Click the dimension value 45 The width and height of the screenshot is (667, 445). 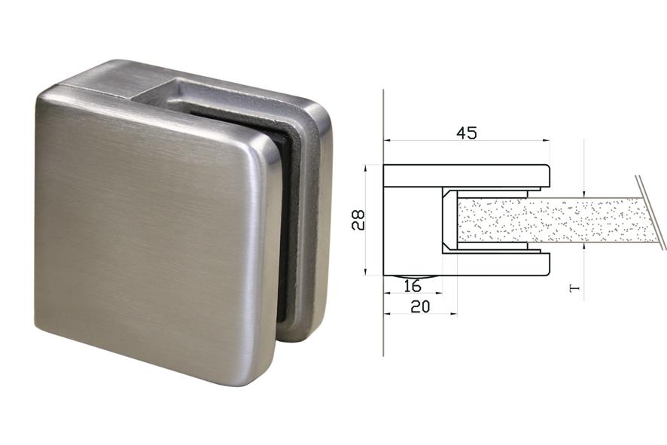[467, 133]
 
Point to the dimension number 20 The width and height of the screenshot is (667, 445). [420, 306]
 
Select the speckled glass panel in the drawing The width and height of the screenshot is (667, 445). [550, 220]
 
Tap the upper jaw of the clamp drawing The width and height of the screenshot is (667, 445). [467, 175]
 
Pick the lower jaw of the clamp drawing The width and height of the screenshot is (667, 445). [467, 264]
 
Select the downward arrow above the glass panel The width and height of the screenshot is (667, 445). [584, 193]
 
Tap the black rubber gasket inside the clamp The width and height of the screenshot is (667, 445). [280, 226]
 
